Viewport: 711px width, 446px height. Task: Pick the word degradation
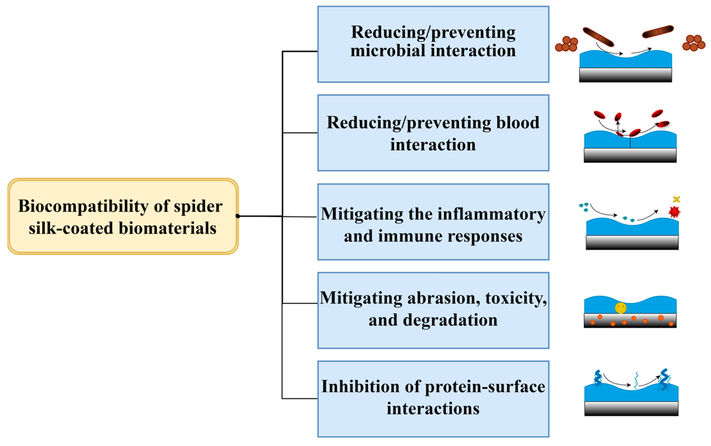pos(450,320)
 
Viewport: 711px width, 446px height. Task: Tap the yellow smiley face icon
pos(621,308)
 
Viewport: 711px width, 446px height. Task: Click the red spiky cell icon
pos(674,212)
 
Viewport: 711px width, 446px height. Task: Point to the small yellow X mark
pos(677,200)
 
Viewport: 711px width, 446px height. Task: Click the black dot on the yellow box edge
pos(237,216)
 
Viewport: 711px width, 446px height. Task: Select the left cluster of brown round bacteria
pos(566,44)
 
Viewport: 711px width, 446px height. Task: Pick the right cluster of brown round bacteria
pos(694,43)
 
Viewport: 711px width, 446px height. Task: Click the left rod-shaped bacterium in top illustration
pos(598,37)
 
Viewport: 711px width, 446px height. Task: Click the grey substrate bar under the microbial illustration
pos(625,75)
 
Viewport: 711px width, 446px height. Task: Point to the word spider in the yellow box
pos(198,206)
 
